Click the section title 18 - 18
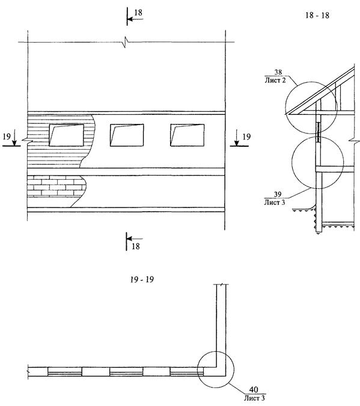tap(317, 15)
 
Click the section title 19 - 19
tap(142, 280)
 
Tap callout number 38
tap(278, 72)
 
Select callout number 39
tap(278, 194)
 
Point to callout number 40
tap(254, 389)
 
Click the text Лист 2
tap(275, 80)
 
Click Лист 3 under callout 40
tap(254, 398)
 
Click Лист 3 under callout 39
tap(274, 202)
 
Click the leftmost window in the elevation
tap(66, 135)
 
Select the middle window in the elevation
tap(127, 135)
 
